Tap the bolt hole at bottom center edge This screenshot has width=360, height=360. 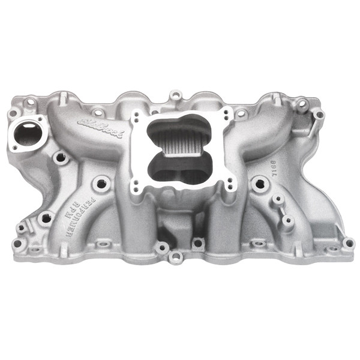[175, 257]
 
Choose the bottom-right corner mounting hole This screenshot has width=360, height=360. [347, 243]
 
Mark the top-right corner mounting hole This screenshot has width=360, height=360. [319, 114]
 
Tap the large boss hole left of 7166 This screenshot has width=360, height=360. [259, 184]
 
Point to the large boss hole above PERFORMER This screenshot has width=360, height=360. [102, 182]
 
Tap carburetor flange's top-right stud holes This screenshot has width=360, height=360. [226, 113]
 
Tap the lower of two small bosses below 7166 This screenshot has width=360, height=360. [287, 221]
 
